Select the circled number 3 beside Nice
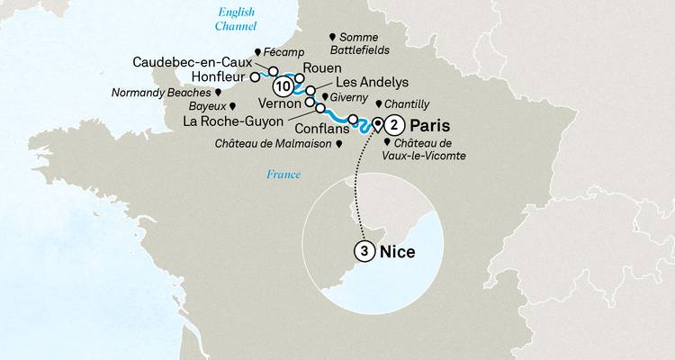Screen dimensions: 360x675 [363, 251]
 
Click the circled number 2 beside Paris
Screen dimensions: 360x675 [395, 126]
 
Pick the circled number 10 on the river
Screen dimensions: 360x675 [283, 87]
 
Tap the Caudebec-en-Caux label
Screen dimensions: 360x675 [197, 62]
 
